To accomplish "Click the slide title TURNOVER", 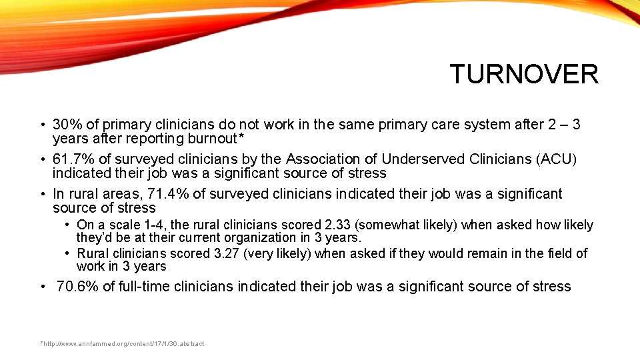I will pyautogui.click(x=524, y=74).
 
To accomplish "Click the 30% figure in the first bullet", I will pyautogui.click(x=67, y=125).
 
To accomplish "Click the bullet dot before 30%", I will pyautogui.click(x=41, y=125).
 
